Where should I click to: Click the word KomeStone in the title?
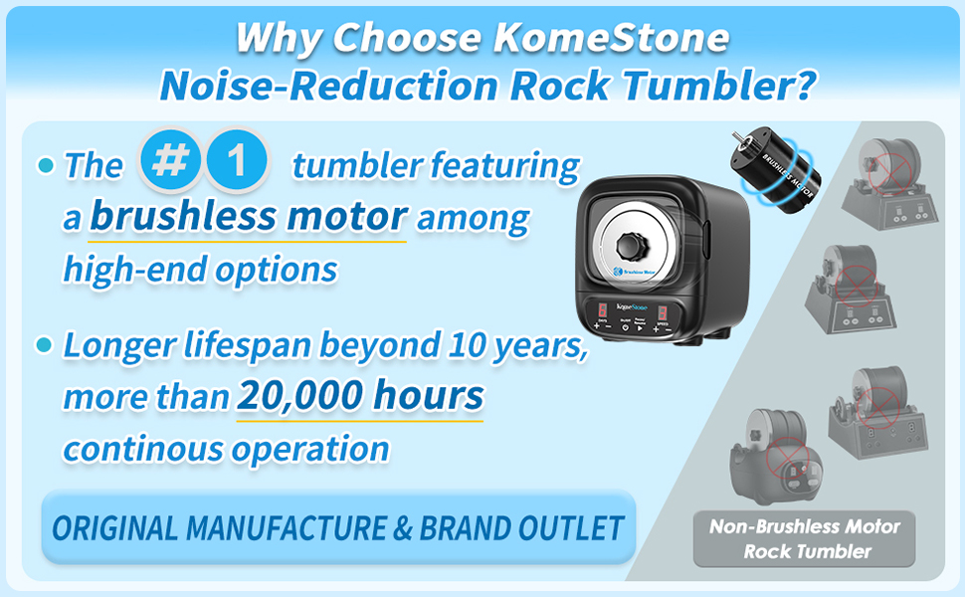pyautogui.click(x=611, y=39)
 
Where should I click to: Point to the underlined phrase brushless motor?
pyautogui.click(x=248, y=217)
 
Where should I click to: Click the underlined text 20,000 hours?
pyautogui.click(x=360, y=396)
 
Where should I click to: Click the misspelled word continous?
pyautogui.click(x=141, y=449)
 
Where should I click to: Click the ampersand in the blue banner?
pyautogui.click(x=403, y=528)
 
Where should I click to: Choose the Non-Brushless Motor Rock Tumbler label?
pyautogui.click(x=804, y=538)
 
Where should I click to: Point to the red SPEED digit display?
pyautogui.click(x=663, y=311)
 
